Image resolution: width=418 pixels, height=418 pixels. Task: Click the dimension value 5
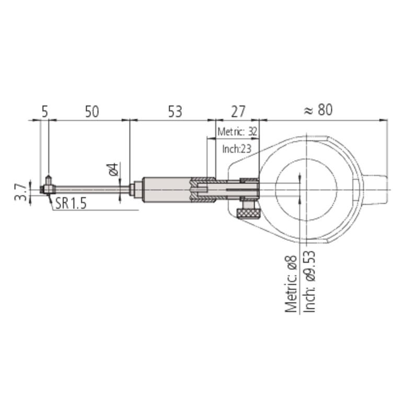45,111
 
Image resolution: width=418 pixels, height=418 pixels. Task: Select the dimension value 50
92,111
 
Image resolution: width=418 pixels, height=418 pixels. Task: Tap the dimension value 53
175,111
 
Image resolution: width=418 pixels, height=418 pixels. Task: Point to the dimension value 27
238,111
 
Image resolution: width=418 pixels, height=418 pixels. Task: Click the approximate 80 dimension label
318,110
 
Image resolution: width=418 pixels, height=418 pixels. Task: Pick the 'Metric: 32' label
237,132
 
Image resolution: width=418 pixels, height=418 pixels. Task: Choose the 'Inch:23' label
237,149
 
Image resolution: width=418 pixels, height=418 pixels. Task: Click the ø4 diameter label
113,169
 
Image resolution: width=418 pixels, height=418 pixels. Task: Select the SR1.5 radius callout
71,204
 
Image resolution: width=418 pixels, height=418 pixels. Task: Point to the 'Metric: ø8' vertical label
291,284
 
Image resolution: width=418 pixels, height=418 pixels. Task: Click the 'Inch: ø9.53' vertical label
309,282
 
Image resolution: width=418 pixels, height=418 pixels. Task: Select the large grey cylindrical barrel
166,190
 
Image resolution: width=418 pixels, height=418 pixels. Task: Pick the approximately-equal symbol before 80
308,111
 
